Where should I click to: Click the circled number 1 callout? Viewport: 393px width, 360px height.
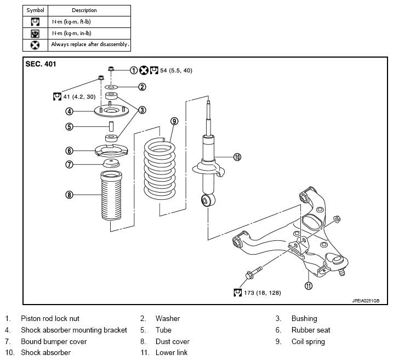tap(134, 70)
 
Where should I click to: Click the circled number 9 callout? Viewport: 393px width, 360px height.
tap(174, 121)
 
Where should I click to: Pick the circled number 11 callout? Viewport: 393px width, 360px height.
tap(309, 285)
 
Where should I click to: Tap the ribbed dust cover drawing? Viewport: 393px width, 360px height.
tap(111, 196)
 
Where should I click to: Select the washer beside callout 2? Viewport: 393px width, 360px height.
tap(111, 87)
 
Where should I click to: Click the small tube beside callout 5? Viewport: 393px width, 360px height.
tap(111, 126)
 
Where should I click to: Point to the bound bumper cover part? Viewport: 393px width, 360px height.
tap(111, 164)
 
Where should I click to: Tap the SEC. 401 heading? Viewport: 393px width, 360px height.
tap(41, 64)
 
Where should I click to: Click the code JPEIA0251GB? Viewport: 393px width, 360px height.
tap(366, 301)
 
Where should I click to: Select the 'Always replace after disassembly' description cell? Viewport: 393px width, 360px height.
tap(89, 45)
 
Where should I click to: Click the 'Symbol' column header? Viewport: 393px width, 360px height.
tap(35, 10)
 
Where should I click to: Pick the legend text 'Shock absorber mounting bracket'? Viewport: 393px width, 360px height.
tap(74, 330)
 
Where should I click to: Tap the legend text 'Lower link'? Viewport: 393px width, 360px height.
tap(172, 352)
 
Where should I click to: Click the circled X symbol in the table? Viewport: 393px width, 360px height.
tap(35, 45)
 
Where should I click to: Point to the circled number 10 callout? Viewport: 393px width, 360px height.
tap(237, 157)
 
